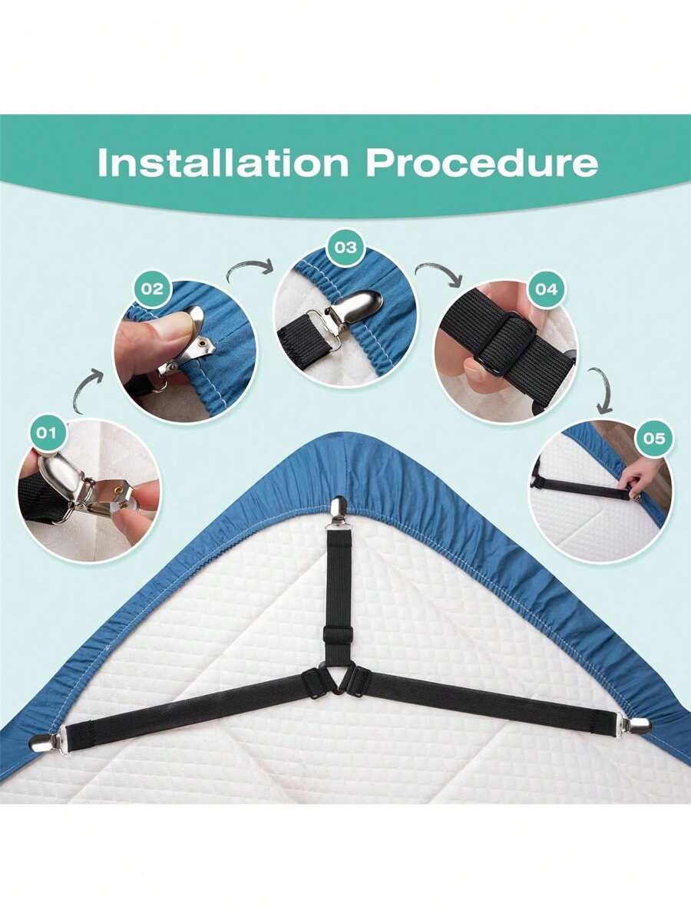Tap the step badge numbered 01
click(x=46, y=433)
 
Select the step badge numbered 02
click(x=152, y=289)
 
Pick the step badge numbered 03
click(x=345, y=247)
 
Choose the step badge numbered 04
click(x=546, y=289)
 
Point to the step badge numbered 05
click(x=654, y=438)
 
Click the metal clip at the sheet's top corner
click(x=339, y=510)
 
